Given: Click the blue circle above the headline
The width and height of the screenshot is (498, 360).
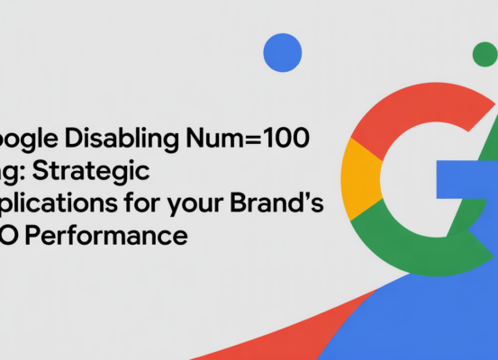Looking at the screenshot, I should [282, 52].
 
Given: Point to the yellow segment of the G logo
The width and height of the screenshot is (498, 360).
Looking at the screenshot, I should [360, 175].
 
